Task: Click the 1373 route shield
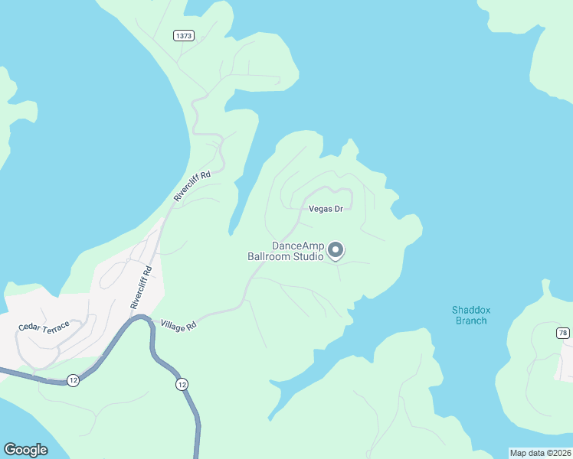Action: click(184, 36)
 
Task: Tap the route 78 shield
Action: click(563, 333)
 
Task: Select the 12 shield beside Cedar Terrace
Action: click(73, 380)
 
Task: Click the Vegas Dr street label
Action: click(326, 208)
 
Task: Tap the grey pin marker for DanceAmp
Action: click(336, 250)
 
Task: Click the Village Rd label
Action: click(178, 325)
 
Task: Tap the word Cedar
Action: click(31, 328)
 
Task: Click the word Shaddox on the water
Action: click(470, 310)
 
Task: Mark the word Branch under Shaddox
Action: click(470, 321)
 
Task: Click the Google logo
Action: click(26, 450)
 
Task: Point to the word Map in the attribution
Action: click(519, 453)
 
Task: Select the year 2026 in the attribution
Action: click(559, 453)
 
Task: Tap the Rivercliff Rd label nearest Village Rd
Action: click(141, 286)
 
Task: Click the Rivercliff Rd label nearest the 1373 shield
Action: click(192, 187)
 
